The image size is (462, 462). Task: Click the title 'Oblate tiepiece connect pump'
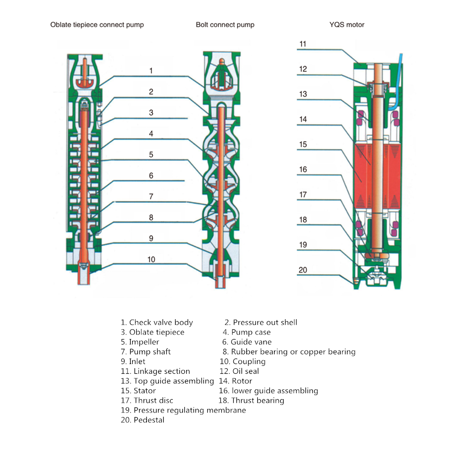[x=97, y=24]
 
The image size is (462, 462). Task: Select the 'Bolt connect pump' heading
[x=225, y=24]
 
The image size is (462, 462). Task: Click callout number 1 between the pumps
[x=151, y=71]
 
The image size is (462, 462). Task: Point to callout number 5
[x=151, y=155]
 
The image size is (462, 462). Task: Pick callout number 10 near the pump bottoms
[x=151, y=259]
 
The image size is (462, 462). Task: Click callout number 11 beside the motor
[x=303, y=44]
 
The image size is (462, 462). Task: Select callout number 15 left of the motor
[x=303, y=145]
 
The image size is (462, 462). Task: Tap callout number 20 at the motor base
[x=303, y=270]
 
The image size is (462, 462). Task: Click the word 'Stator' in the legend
[x=145, y=390]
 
